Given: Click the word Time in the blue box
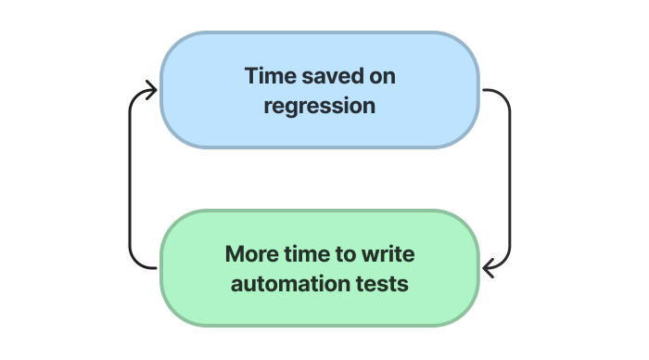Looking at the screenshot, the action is coord(266,76).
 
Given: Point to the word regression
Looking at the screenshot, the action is coord(320,106).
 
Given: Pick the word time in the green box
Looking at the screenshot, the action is coord(309,254).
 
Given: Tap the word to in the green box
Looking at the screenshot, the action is coord(349,254).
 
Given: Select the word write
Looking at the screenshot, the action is coord(389,254).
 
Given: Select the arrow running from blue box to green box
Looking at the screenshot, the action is coord(509,176).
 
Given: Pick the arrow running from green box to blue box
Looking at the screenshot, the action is coord(131,176).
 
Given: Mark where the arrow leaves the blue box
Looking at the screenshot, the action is coord(482,90).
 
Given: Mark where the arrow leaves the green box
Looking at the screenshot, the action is coord(159,268).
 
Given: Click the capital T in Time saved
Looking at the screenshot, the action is coord(251,76).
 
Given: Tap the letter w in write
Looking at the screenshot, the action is coord(373,254).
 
